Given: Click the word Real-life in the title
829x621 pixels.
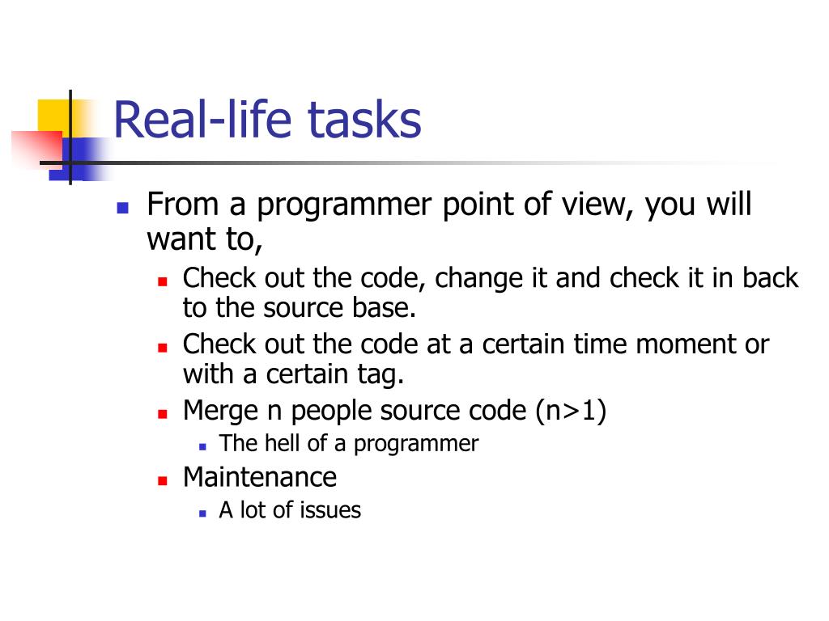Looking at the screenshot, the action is pyautogui.click(x=202, y=120).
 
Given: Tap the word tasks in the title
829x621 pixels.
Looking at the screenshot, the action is pyautogui.click(x=364, y=120).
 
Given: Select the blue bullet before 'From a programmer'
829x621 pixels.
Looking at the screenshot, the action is pyautogui.click(x=123, y=208).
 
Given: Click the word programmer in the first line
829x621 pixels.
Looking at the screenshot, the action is pyautogui.click(x=344, y=205).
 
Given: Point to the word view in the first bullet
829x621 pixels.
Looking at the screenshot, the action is pyautogui.click(x=597, y=204).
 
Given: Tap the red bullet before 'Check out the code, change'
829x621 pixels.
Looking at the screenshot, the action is pyautogui.click(x=162, y=281).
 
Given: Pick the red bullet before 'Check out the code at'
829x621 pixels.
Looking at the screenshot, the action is pyautogui.click(x=162, y=348).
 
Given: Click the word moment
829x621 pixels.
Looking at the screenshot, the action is pyautogui.click(x=687, y=344).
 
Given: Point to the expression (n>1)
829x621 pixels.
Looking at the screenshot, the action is pyautogui.click(x=571, y=411).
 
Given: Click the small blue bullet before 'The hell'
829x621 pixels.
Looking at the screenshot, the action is pyautogui.click(x=202, y=446).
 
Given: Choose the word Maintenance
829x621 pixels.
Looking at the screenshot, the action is pyautogui.click(x=260, y=477).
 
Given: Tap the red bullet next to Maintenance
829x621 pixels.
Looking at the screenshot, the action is pyautogui.click(x=162, y=480).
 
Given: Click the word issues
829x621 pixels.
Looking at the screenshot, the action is pyautogui.click(x=330, y=510).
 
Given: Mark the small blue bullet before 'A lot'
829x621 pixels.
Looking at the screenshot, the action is pyautogui.click(x=202, y=513).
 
